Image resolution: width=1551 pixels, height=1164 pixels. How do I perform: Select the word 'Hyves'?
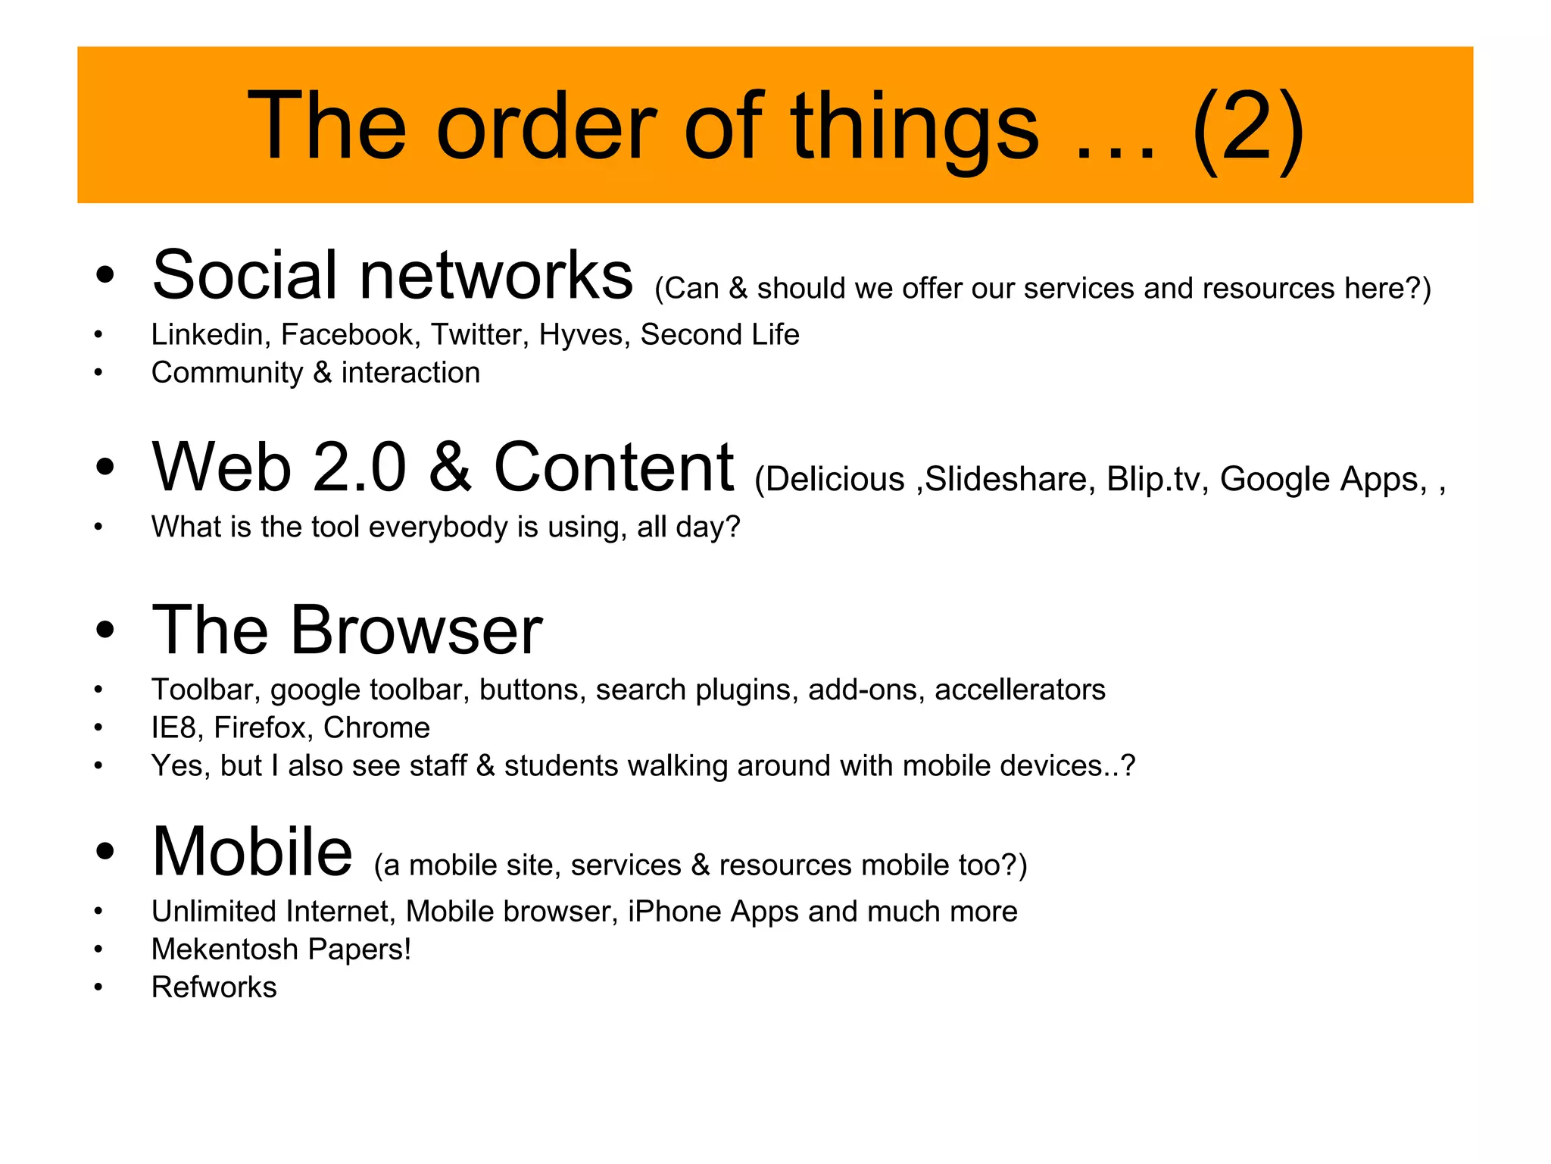[x=584, y=335]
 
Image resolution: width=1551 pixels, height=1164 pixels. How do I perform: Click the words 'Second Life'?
[x=719, y=335]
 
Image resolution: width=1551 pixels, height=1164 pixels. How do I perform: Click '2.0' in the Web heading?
[x=360, y=468]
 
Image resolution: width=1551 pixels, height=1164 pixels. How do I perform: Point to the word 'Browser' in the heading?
[x=417, y=630]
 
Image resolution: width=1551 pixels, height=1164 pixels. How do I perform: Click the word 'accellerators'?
[x=1020, y=690]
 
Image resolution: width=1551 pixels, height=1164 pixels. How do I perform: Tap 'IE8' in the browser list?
[x=173, y=727]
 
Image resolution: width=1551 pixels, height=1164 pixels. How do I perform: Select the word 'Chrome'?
[x=376, y=727]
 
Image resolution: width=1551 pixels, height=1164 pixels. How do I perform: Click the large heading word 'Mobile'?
[x=252, y=852]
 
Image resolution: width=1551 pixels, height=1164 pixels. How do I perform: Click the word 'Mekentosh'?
[x=225, y=950]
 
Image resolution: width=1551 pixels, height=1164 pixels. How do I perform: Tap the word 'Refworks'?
[x=214, y=987]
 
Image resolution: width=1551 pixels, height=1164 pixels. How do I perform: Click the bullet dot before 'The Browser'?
[x=105, y=630]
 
